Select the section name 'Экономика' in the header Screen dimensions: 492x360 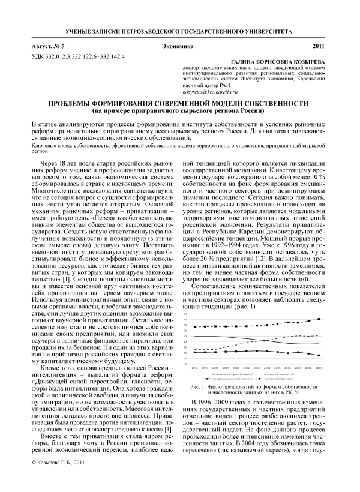179,46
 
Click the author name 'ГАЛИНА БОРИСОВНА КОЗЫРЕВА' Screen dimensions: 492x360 280,62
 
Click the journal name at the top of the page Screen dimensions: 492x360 179,29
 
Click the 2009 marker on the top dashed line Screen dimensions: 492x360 318,319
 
